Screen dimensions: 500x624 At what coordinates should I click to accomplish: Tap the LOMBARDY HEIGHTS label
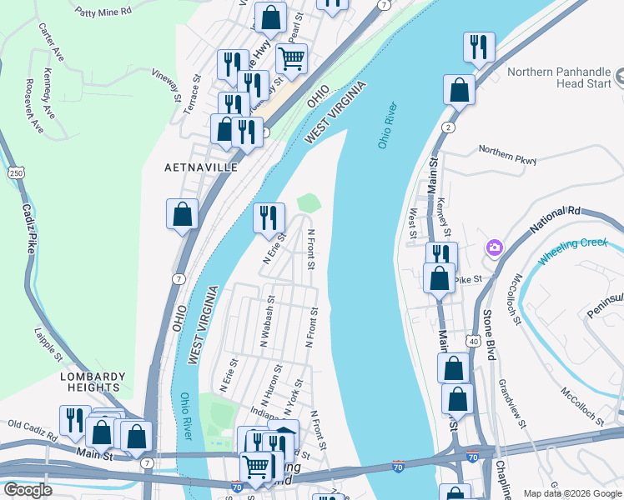92,382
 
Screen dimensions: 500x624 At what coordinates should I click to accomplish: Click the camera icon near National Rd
495,247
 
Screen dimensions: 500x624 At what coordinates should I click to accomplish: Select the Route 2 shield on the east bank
449,127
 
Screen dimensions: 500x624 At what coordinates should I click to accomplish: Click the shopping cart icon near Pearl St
291,57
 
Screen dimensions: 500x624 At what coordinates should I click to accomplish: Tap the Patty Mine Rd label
103,12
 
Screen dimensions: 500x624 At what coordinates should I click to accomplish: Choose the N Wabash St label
267,321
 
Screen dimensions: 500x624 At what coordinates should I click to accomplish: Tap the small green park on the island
309,202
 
